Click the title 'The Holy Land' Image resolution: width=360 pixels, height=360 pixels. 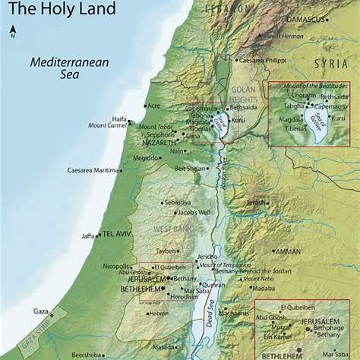click(x=62, y=9)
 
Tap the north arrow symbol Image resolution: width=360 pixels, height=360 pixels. click(x=13, y=31)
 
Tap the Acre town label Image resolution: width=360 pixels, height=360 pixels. click(x=153, y=106)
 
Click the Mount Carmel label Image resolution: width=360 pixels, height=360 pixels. click(x=107, y=125)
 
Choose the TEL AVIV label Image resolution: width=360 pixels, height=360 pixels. click(x=118, y=233)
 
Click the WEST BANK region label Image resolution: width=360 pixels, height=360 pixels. click(x=169, y=229)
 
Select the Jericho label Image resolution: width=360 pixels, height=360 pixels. click(x=207, y=257)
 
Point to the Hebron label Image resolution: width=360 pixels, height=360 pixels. click(x=159, y=313)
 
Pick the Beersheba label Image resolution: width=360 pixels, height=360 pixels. click(x=86, y=354)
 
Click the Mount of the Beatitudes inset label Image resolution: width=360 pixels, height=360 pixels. click(x=309, y=87)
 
